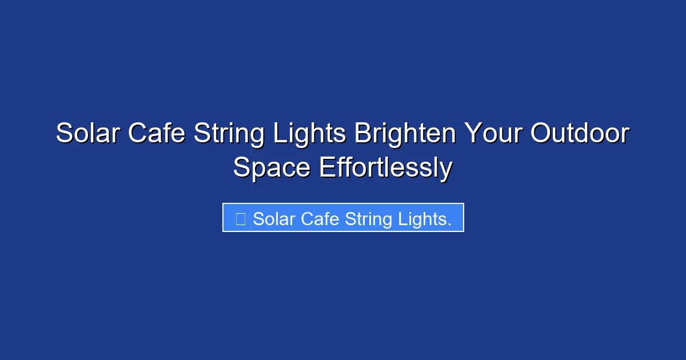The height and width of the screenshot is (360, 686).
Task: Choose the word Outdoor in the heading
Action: (580, 134)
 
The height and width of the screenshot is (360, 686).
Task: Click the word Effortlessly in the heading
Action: (385, 169)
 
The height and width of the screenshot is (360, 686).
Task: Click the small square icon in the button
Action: (241, 219)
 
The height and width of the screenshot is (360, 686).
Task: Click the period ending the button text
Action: (449, 224)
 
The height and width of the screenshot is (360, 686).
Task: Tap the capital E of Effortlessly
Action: (326, 168)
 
